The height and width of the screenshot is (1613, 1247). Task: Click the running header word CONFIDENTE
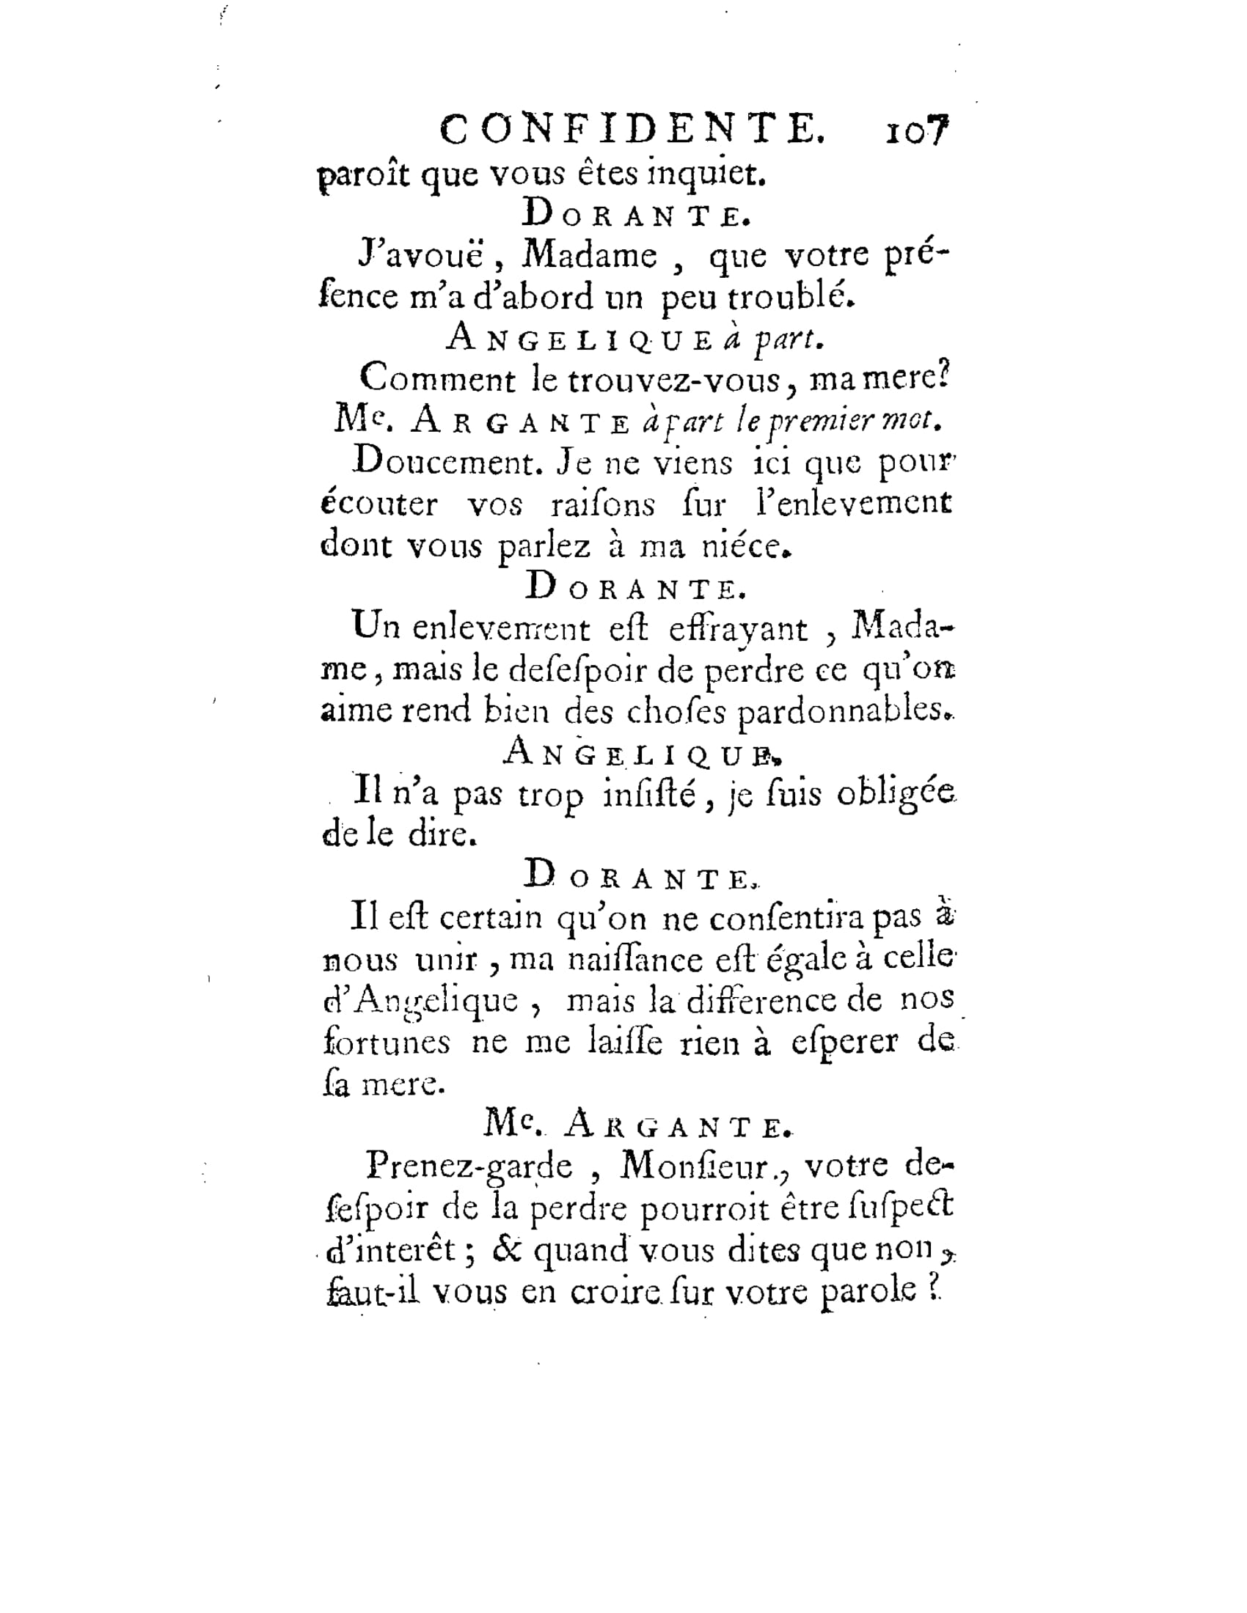632,130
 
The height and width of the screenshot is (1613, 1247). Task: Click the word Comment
437,380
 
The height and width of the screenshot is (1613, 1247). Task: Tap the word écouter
379,505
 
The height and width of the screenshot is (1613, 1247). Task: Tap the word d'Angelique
421,1002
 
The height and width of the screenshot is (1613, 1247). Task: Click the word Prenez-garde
469,1166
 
